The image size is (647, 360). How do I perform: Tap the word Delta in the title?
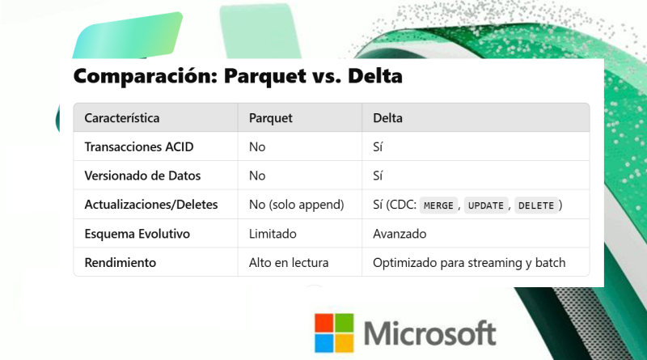point(375,76)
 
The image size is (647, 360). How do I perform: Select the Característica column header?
point(122,118)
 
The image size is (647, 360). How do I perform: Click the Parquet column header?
point(271,118)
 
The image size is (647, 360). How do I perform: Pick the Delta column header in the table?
point(387,118)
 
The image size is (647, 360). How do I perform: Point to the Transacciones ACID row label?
point(139,147)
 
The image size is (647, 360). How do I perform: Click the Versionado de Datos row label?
point(142,176)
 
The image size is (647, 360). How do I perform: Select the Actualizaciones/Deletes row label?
point(151,205)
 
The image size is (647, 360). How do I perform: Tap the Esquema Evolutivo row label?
point(137,234)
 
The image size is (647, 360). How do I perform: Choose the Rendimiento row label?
point(120,263)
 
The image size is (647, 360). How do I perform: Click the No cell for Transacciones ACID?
point(257,147)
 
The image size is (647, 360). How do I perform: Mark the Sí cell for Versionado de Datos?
point(378,176)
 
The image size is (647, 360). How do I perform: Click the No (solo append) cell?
point(296,205)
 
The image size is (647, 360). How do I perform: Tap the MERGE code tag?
point(438,205)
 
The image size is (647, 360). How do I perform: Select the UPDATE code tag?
point(486,205)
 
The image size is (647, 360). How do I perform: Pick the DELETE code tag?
point(536,205)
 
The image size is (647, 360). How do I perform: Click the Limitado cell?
point(273,234)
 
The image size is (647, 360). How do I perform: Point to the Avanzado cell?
point(400,234)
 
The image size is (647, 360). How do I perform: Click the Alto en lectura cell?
point(289,263)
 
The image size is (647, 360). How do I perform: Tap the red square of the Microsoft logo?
point(323,323)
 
